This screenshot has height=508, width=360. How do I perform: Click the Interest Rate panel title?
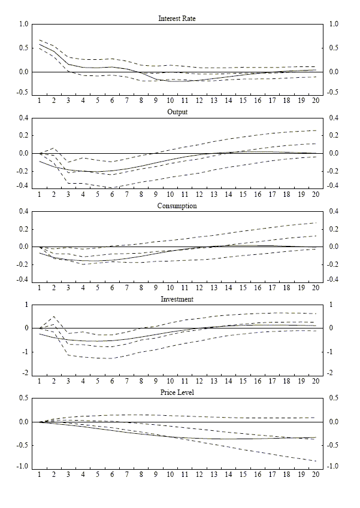pyautogui.click(x=177, y=19)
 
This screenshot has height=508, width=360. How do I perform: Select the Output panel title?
pyautogui.click(x=177, y=112)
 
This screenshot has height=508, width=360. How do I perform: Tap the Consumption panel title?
pyautogui.click(x=177, y=206)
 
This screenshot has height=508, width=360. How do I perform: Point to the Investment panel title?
pyautogui.click(x=177, y=299)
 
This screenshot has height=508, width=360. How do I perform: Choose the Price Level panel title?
pyautogui.click(x=177, y=393)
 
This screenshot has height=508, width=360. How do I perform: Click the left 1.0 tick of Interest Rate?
pyautogui.click(x=24, y=25)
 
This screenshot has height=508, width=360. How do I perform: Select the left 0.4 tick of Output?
pyautogui.click(x=24, y=118)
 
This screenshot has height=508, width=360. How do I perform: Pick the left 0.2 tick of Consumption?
pyautogui.click(x=24, y=229)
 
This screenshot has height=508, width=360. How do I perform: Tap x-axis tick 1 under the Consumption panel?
pyautogui.click(x=40, y=288)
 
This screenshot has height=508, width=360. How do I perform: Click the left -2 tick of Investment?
pyautogui.click(x=26, y=373)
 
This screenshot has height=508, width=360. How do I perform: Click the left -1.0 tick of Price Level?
pyautogui.click(x=23, y=467)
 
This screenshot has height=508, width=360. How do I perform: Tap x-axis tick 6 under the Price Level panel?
pyautogui.click(x=112, y=474)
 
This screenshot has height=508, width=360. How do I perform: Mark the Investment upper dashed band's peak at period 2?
pyautogui.click(x=54, y=317)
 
